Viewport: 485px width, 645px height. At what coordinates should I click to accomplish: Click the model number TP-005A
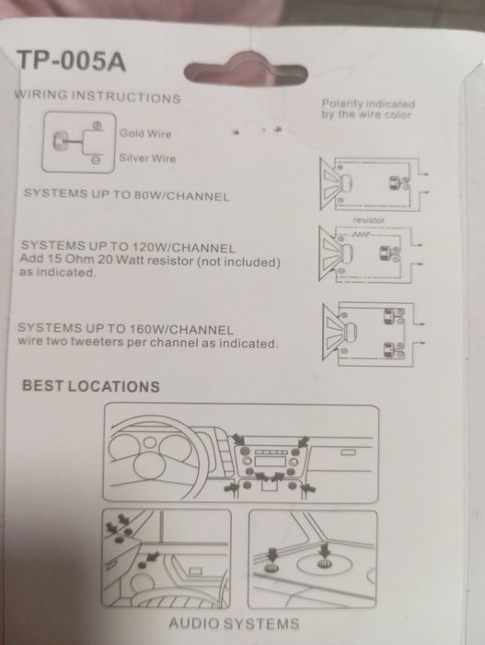click(71, 62)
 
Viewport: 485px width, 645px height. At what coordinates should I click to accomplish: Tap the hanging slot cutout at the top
click(246, 73)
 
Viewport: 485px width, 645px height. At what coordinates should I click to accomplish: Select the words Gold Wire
click(145, 134)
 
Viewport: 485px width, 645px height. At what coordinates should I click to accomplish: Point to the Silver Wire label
click(147, 158)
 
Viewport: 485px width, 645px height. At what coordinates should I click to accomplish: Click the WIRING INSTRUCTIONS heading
click(98, 96)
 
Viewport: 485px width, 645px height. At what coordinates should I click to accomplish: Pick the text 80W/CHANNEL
click(181, 195)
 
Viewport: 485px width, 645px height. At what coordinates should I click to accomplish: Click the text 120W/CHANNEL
click(183, 248)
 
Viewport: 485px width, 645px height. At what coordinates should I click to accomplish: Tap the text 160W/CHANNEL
click(181, 330)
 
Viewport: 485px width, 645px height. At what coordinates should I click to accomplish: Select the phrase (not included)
click(238, 262)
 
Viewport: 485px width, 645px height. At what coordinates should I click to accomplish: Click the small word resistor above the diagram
click(369, 220)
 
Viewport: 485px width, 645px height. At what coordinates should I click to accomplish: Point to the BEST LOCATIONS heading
click(91, 386)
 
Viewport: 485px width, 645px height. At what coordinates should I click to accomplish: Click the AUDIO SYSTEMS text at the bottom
click(234, 624)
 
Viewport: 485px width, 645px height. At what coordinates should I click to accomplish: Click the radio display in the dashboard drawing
click(270, 461)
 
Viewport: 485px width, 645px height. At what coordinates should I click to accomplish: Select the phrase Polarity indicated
click(368, 104)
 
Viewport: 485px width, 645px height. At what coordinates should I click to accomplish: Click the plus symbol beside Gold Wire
click(98, 125)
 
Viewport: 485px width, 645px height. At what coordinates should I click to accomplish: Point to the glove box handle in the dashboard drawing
click(348, 452)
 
